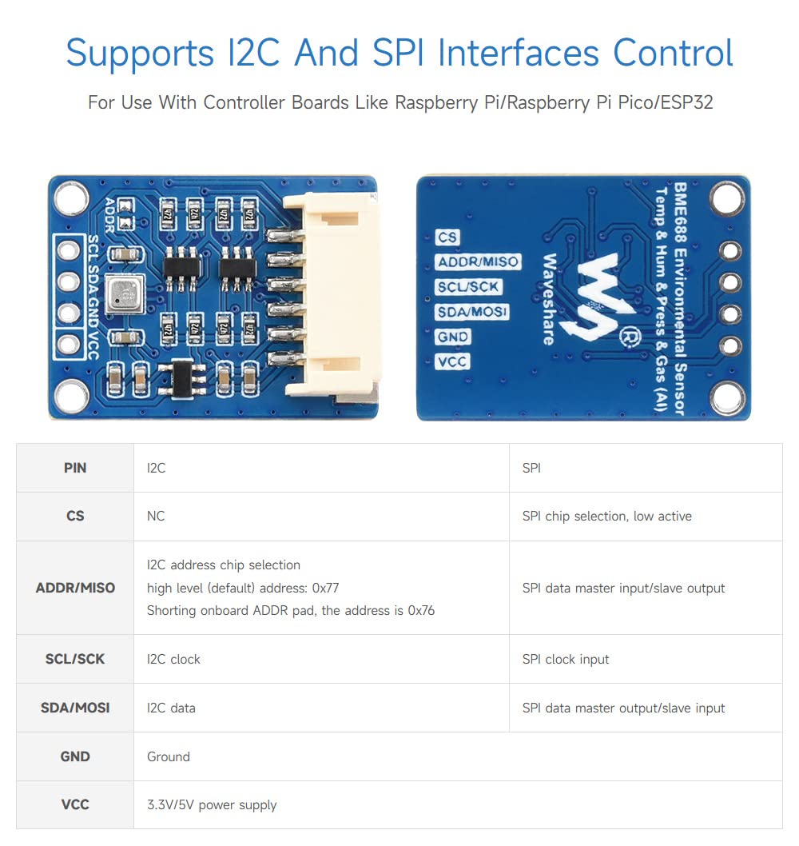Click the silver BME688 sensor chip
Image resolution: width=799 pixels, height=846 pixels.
point(125,293)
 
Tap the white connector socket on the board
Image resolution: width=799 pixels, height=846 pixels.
point(330,296)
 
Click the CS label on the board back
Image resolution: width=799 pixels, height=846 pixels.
point(447,237)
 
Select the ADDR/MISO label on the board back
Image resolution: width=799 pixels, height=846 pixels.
point(478,262)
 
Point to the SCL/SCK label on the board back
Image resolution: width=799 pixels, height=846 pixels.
point(468,287)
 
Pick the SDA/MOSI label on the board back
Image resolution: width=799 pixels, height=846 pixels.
point(471,312)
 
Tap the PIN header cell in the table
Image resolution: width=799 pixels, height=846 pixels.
point(75,468)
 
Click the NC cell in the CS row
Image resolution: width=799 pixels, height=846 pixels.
point(156,516)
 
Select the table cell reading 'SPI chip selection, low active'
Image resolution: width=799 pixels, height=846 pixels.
point(606,517)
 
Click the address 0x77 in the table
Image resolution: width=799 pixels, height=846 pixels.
point(326,588)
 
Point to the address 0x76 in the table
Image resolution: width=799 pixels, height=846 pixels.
point(421,610)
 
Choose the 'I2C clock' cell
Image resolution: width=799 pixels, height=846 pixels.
point(173,660)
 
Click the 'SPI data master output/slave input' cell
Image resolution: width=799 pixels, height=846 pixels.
point(623,708)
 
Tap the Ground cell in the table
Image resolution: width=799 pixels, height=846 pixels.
point(169,756)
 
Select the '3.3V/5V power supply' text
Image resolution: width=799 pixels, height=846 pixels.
point(212,805)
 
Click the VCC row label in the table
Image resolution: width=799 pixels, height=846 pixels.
point(75,804)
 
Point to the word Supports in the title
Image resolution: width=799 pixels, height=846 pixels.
point(140,54)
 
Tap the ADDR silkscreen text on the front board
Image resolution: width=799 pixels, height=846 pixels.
point(110,215)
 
